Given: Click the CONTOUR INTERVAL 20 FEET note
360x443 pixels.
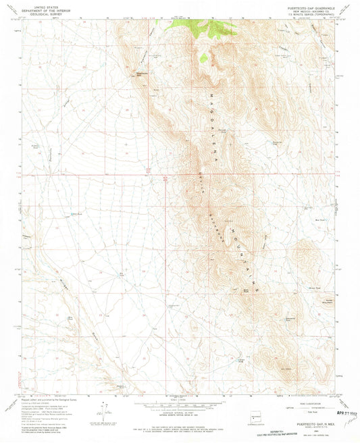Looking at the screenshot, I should pyautogui.click(x=180, y=417).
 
